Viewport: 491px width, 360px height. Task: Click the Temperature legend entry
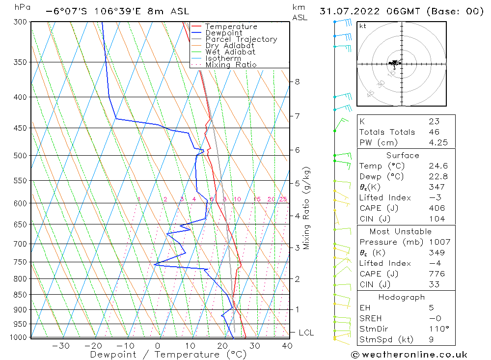pyautogui.click(x=231, y=27)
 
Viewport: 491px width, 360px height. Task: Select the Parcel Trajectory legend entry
pyautogui.click(x=241, y=39)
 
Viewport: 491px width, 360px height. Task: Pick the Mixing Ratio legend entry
pyautogui.click(x=231, y=65)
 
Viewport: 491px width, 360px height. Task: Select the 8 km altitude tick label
pyautogui.click(x=298, y=82)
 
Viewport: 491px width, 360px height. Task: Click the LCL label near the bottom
pyautogui.click(x=306, y=332)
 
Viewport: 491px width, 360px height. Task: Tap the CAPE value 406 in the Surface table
pyautogui.click(x=436, y=208)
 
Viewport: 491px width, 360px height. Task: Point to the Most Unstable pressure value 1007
pyautogui.click(x=436, y=242)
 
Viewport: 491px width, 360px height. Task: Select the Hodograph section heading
pyautogui.click(x=402, y=298)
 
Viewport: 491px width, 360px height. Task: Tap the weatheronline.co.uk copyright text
pyautogui.click(x=409, y=355)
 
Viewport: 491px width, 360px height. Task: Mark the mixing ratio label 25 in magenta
pyautogui.click(x=283, y=199)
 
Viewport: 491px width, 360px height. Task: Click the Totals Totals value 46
pyautogui.click(x=434, y=132)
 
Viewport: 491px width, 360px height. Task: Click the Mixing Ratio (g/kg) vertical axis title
pyautogui.click(x=307, y=208)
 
